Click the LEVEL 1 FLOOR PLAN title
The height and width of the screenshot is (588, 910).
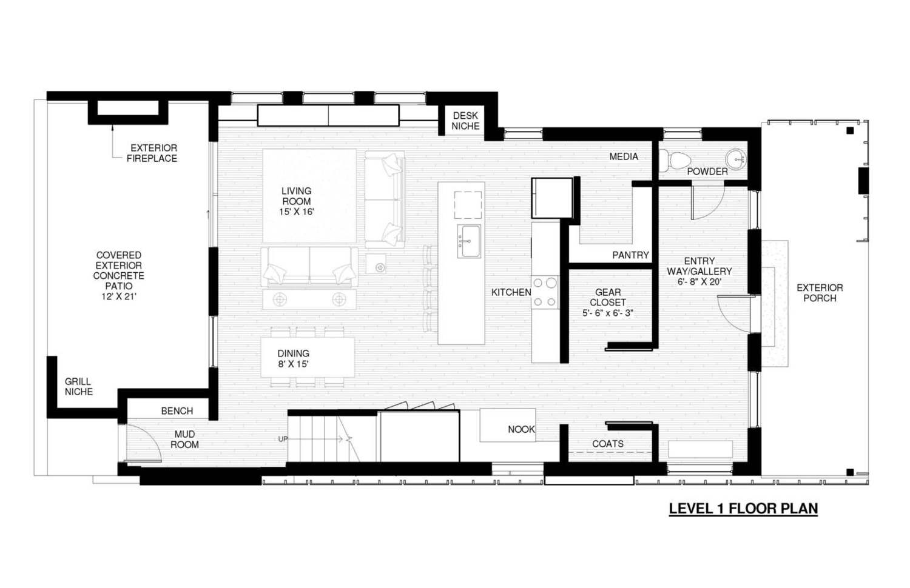pyautogui.click(x=743, y=509)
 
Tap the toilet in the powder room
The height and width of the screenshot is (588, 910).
pyautogui.click(x=675, y=160)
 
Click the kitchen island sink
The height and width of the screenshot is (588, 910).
pyautogui.click(x=469, y=241)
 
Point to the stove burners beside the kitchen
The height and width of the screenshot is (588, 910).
pyautogui.click(x=545, y=292)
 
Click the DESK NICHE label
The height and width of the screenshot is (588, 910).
pyautogui.click(x=465, y=121)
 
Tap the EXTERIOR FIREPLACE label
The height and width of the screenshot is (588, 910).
pyautogui.click(x=152, y=153)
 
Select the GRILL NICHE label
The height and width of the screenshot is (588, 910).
pyautogui.click(x=79, y=386)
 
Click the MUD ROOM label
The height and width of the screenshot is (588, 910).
pyautogui.click(x=184, y=439)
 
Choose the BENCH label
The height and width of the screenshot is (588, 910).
pyautogui.click(x=177, y=411)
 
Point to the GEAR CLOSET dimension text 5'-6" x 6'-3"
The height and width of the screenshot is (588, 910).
pyautogui.click(x=608, y=313)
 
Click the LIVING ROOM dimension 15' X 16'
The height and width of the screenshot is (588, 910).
pyautogui.click(x=297, y=212)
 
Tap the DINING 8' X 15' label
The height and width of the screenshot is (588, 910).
pyautogui.click(x=293, y=359)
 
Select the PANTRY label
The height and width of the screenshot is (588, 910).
pyautogui.click(x=630, y=255)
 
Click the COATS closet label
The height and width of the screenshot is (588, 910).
pyautogui.click(x=608, y=444)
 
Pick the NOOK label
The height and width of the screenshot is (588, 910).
pyautogui.click(x=521, y=429)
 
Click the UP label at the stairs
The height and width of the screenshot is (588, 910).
pyautogui.click(x=283, y=439)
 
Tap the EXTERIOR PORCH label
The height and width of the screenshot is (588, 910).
pyautogui.click(x=820, y=293)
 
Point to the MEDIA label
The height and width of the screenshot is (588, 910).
pyautogui.click(x=624, y=156)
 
